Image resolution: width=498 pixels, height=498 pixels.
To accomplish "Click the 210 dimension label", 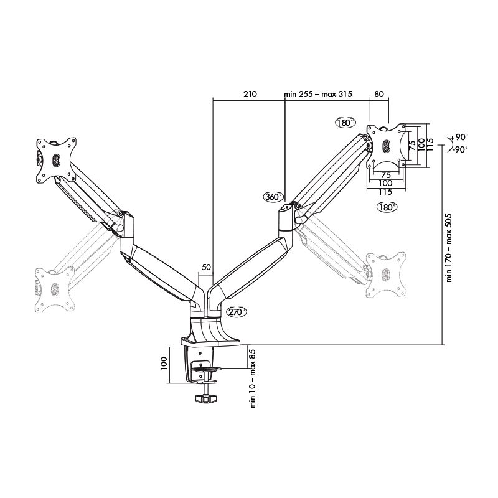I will [249, 95].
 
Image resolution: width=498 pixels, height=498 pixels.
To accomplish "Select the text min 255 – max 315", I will [318, 95].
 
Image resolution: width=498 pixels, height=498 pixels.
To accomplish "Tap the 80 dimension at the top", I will [379, 95].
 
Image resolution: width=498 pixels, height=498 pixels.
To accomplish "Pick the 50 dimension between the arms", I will [206, 267].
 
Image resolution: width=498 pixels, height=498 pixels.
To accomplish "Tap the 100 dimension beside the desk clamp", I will [164, 362].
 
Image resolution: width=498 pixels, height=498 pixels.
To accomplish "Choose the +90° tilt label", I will [459, 138].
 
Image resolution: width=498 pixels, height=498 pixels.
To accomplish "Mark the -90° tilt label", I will [459, 149].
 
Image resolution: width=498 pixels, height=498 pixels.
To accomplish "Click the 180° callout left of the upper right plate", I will [344, 122].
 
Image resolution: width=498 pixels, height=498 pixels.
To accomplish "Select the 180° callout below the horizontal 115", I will [387, 207].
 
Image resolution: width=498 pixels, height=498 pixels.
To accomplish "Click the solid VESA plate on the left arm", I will [57, 160].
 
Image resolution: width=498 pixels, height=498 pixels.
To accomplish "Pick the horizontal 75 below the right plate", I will [386, 176].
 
